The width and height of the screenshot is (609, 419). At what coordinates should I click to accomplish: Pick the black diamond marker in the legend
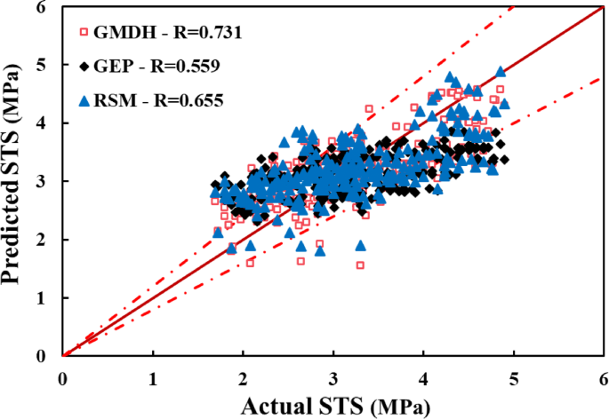pos(84,66)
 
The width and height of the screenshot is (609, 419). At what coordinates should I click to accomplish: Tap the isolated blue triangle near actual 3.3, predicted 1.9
pos(361,246)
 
